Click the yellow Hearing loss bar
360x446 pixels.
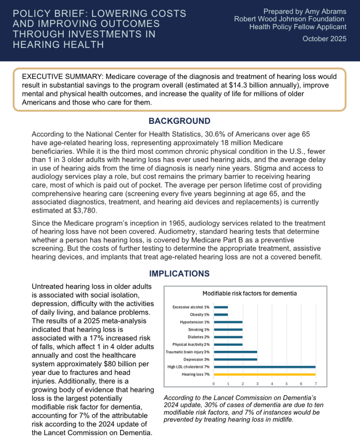(265, 374)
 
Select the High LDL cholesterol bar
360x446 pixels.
(265, 367)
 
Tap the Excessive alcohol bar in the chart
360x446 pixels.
(221, 307)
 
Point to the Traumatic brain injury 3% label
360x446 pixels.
(188, 351)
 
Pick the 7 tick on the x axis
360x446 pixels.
(316, 384)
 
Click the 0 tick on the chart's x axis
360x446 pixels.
(214, 384)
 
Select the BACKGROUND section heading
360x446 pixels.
(180, 121)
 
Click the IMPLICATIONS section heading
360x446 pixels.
(180, 274)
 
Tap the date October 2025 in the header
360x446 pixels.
(325, 39)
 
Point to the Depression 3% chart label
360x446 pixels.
(197, 359)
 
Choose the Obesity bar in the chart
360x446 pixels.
(221, 314)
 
